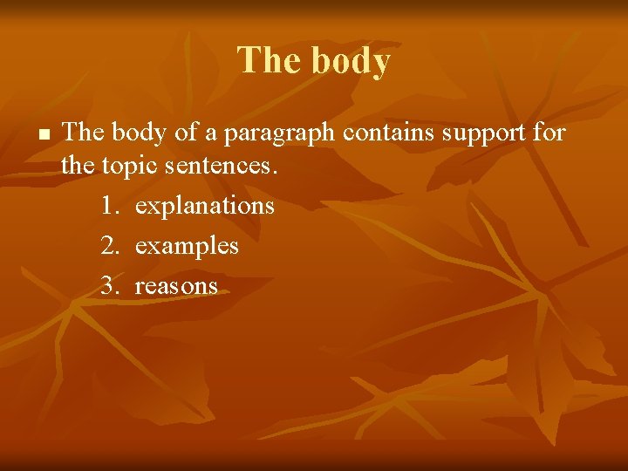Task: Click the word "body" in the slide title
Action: [345, 62]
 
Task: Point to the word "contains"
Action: [383, 133]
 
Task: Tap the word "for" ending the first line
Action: [549, 133]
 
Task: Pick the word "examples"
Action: [187, 247]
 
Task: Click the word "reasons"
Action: [176, 286]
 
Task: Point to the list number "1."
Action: [109, 207]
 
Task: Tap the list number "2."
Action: [109, 246]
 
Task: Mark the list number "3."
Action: [109, 285]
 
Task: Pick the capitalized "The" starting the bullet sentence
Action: [83, 133]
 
